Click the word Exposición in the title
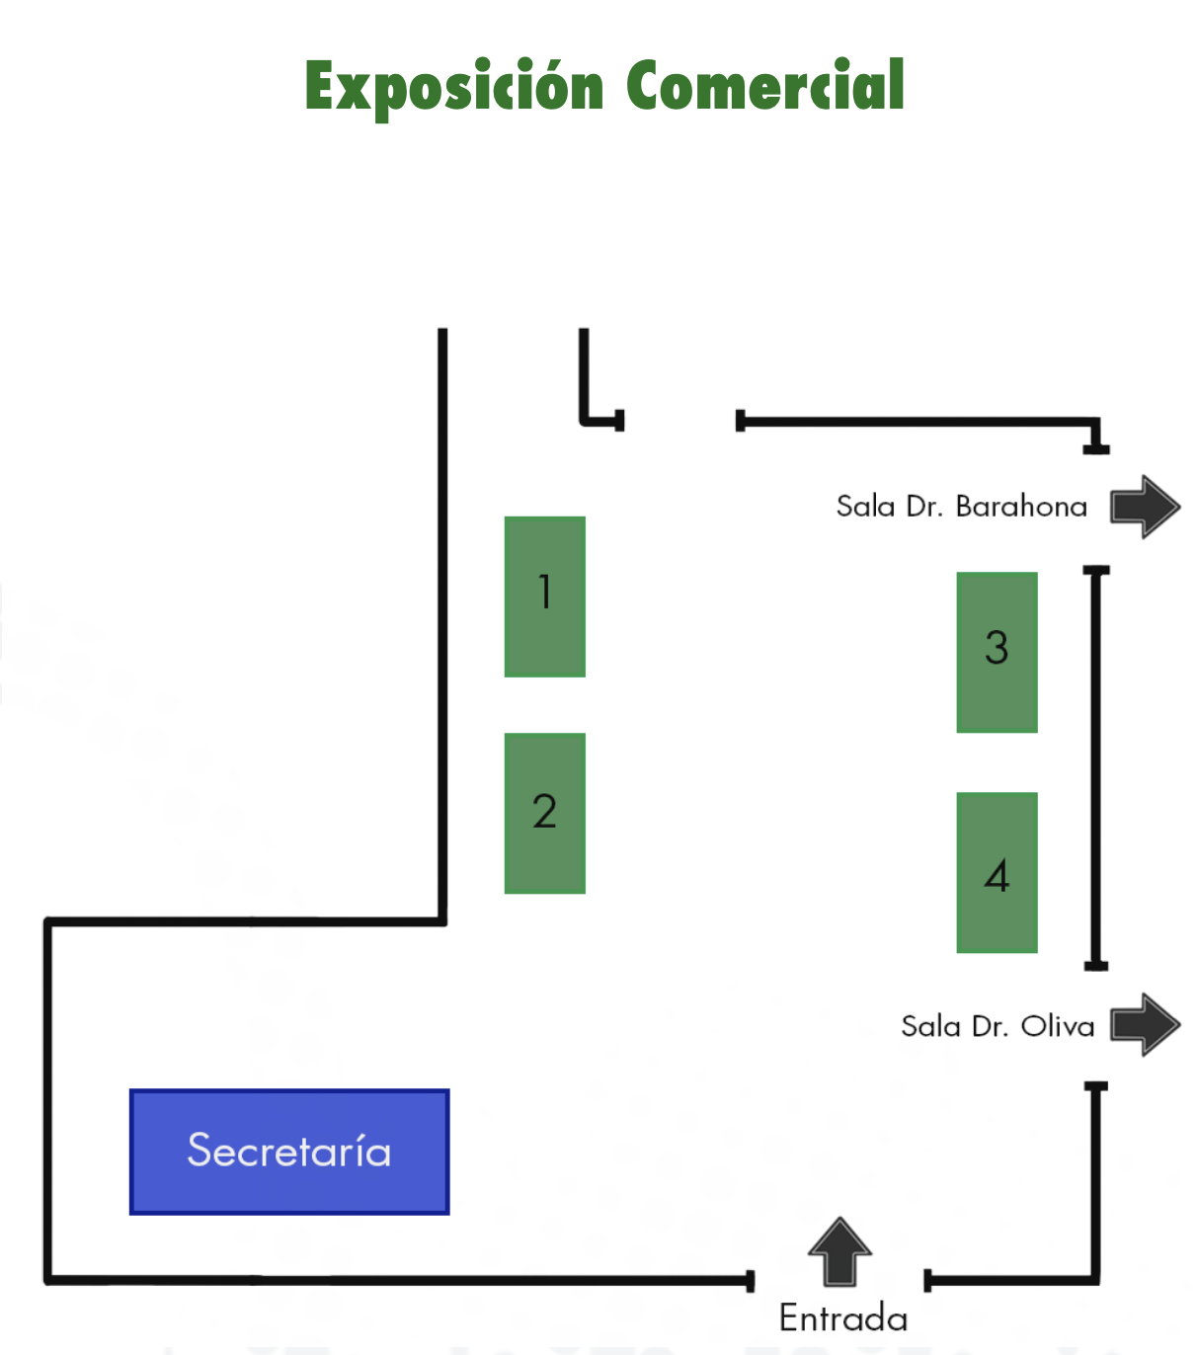(x=453, y=88)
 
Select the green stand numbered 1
(x=544, y=597)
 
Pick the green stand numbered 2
(x=544, y=813)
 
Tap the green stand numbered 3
(x=997, y=652)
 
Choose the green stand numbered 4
(x=997, y=872)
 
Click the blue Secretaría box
(x=289, y=1152)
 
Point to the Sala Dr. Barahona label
(x=961, y=507)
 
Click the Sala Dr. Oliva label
(x=997, y=1026)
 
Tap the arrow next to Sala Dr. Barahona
(x=1145, y=507)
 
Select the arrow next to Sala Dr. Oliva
(x=1145, y=1024)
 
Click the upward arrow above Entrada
(x=839, y=1251)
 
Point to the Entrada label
(x=842, y=1318)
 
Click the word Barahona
(x=1021, y=507)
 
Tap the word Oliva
(x=1058, y=1026)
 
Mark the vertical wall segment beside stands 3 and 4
(x=1095, y=767)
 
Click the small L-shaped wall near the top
(x=586, y=395)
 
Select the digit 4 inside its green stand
(x=997, y=876)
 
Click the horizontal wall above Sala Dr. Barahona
(x=918, y=422)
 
